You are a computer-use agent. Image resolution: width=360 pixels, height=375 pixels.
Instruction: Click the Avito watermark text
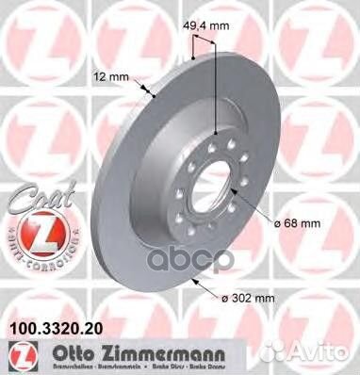pyautogui.click(x=324, y=359)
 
